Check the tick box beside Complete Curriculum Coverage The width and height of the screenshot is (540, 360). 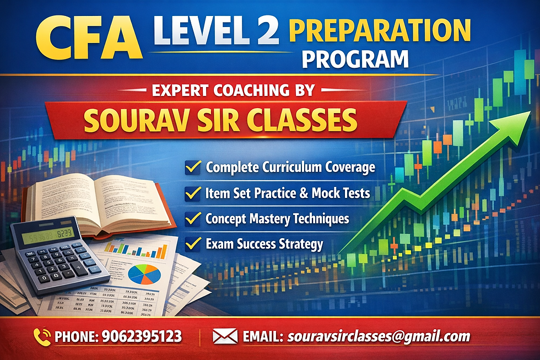click(193, 166)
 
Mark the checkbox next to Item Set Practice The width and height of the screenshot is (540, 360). click(193, 193)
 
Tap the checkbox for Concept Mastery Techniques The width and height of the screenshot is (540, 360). click(193, 218)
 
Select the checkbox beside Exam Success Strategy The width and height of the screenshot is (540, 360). click(193, 243)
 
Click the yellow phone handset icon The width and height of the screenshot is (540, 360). click(42, 336)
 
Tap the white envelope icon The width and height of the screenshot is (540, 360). click(225, 336)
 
